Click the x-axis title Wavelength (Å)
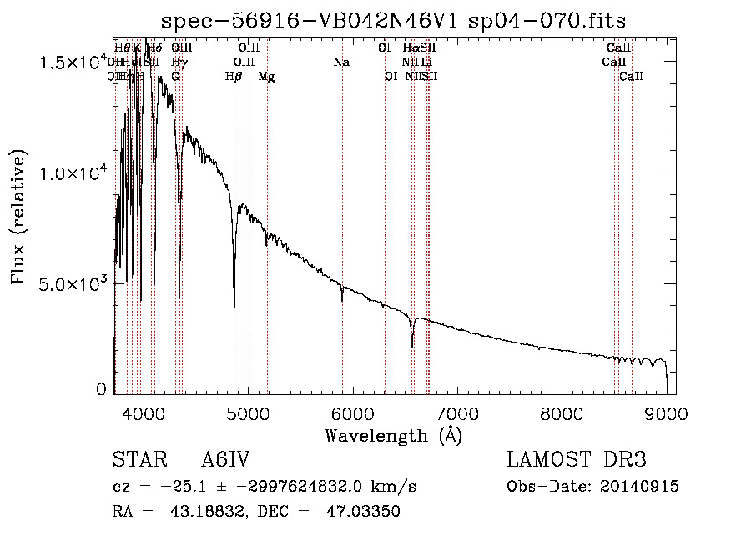(x=393, y=435)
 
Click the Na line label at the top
(x=340, y=62)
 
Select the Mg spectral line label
(x=266, y=76)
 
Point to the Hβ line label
(x=234, y=76)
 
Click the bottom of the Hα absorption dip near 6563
(x=411, y=346)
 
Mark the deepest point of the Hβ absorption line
(x=234, y=310)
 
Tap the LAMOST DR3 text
(x=577, y=460)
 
